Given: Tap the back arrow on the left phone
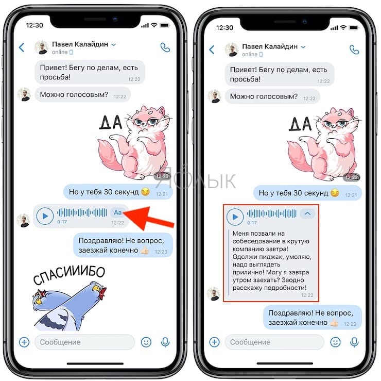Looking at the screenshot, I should pos(22,48).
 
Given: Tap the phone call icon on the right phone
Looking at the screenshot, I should pos(354,49).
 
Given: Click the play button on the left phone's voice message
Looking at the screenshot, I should pos(45,216).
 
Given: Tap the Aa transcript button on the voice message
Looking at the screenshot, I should pos(118,212).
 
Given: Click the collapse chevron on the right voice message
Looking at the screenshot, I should pos(307,213).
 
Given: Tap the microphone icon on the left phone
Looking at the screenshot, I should pos(165,342).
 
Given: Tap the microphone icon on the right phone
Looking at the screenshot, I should pos(354,342).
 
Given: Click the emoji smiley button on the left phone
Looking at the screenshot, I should pos(146,342).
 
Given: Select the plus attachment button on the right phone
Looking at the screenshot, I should pos(214,342).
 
